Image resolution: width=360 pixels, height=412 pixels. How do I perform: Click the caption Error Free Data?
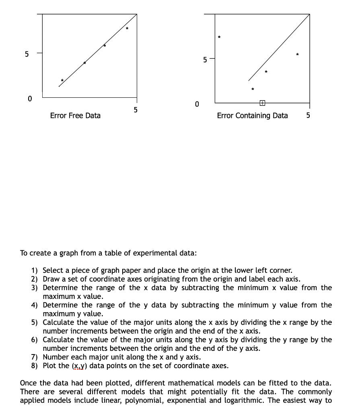point(75,116)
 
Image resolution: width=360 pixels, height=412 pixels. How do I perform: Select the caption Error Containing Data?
point(252,116)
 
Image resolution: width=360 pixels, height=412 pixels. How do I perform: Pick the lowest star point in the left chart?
point(62,80)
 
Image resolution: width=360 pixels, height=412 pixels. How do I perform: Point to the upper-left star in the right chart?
point(219,37)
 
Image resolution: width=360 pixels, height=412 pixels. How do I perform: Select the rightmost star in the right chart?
point(297,54)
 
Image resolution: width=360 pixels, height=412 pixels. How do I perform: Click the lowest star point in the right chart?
point(253,89)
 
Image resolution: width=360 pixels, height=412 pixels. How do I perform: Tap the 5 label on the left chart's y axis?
point(27,54)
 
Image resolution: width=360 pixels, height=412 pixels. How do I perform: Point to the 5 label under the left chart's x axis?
point(136,109)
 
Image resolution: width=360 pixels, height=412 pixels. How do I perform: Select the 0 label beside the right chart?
point(196,105)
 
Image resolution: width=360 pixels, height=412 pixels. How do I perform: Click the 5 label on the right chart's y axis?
point(205,60)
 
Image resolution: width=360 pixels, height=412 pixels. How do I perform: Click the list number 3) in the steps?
point(35,288)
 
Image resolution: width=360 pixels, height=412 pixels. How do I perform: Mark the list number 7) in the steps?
point(35,357)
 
